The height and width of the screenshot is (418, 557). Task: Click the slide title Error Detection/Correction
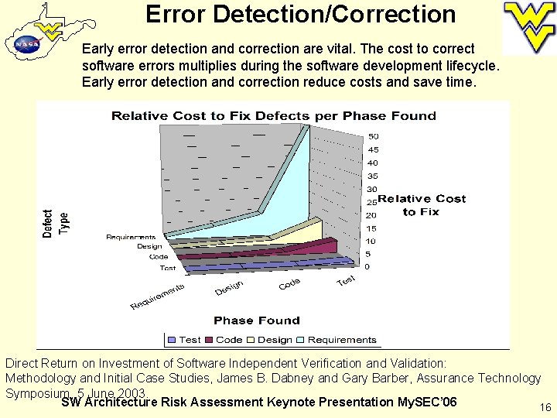[x=300, y=14]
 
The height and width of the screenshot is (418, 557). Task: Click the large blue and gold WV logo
[x=529, y=25]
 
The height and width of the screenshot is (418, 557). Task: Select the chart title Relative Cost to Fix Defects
[x=274, y=116]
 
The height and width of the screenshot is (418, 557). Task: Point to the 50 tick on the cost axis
[x=373, y=137]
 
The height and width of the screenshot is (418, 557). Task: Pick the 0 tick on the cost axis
[x=367, y=267]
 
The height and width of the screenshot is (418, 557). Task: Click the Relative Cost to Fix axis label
[x=422, y=205]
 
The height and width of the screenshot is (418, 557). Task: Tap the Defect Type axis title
[x=55, y=223]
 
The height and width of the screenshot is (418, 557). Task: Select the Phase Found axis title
[x=257, y=320]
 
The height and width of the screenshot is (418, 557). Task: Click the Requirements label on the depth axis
[x=131, y=237]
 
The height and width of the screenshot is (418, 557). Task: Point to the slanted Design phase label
[x=229, y=288]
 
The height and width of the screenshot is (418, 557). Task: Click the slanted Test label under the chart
[x=346, y=280]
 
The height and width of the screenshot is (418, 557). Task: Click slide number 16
[x=545, y=407]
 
